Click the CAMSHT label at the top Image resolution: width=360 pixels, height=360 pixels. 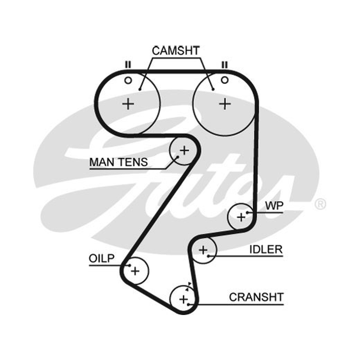tap(175, 50)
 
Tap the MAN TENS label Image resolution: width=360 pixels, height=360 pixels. tap(118, 162)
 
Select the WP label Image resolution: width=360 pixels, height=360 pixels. tap(274, 206)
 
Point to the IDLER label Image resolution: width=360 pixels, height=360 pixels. tap(266, 249)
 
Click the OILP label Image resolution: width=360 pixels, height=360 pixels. tap(102, 258)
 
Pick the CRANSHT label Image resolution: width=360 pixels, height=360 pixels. tap(256, 297)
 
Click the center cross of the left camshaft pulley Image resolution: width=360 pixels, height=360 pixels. tap(128, 104)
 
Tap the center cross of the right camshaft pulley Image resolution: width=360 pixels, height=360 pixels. tap(225, 104)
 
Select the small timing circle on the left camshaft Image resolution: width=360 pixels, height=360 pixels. tap(128, 81)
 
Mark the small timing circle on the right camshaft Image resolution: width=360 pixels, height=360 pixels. tap(225, 80)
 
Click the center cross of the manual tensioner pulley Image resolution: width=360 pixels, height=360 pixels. tap(184, 151)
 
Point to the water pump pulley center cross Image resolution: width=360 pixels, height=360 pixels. tap(241, 217)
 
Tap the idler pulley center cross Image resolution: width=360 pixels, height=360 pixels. tap(203, 250)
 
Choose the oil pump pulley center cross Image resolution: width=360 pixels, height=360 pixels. tap(135, 271)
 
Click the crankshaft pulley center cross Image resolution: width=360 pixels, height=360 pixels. tap(184, 299)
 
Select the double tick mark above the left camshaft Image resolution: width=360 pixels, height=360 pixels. tap(128, 65)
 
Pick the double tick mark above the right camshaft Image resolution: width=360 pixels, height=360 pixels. tap(225, 65)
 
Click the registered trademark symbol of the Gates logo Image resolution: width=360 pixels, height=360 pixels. tap(320, 204)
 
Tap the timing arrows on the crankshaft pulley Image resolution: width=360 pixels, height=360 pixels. tap(188, 287)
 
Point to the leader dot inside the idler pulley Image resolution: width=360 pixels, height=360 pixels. tap(208, 256)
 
